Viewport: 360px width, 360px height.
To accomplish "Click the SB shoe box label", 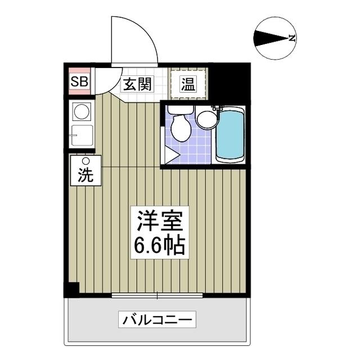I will click(79, 82).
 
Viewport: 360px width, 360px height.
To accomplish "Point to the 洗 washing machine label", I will click(85, 175).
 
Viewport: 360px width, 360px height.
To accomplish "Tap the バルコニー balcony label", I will click(157, 321).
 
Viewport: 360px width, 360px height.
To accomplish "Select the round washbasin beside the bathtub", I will click(206, 118).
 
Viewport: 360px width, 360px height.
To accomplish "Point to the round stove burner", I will click(82, 111).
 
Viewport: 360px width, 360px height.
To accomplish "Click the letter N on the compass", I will click(292, 38).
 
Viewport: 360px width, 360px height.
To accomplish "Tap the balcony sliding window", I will click(157, 295).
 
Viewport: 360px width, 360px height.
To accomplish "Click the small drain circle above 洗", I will click(86, 161).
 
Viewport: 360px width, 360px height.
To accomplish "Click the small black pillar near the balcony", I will click(72, 289).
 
